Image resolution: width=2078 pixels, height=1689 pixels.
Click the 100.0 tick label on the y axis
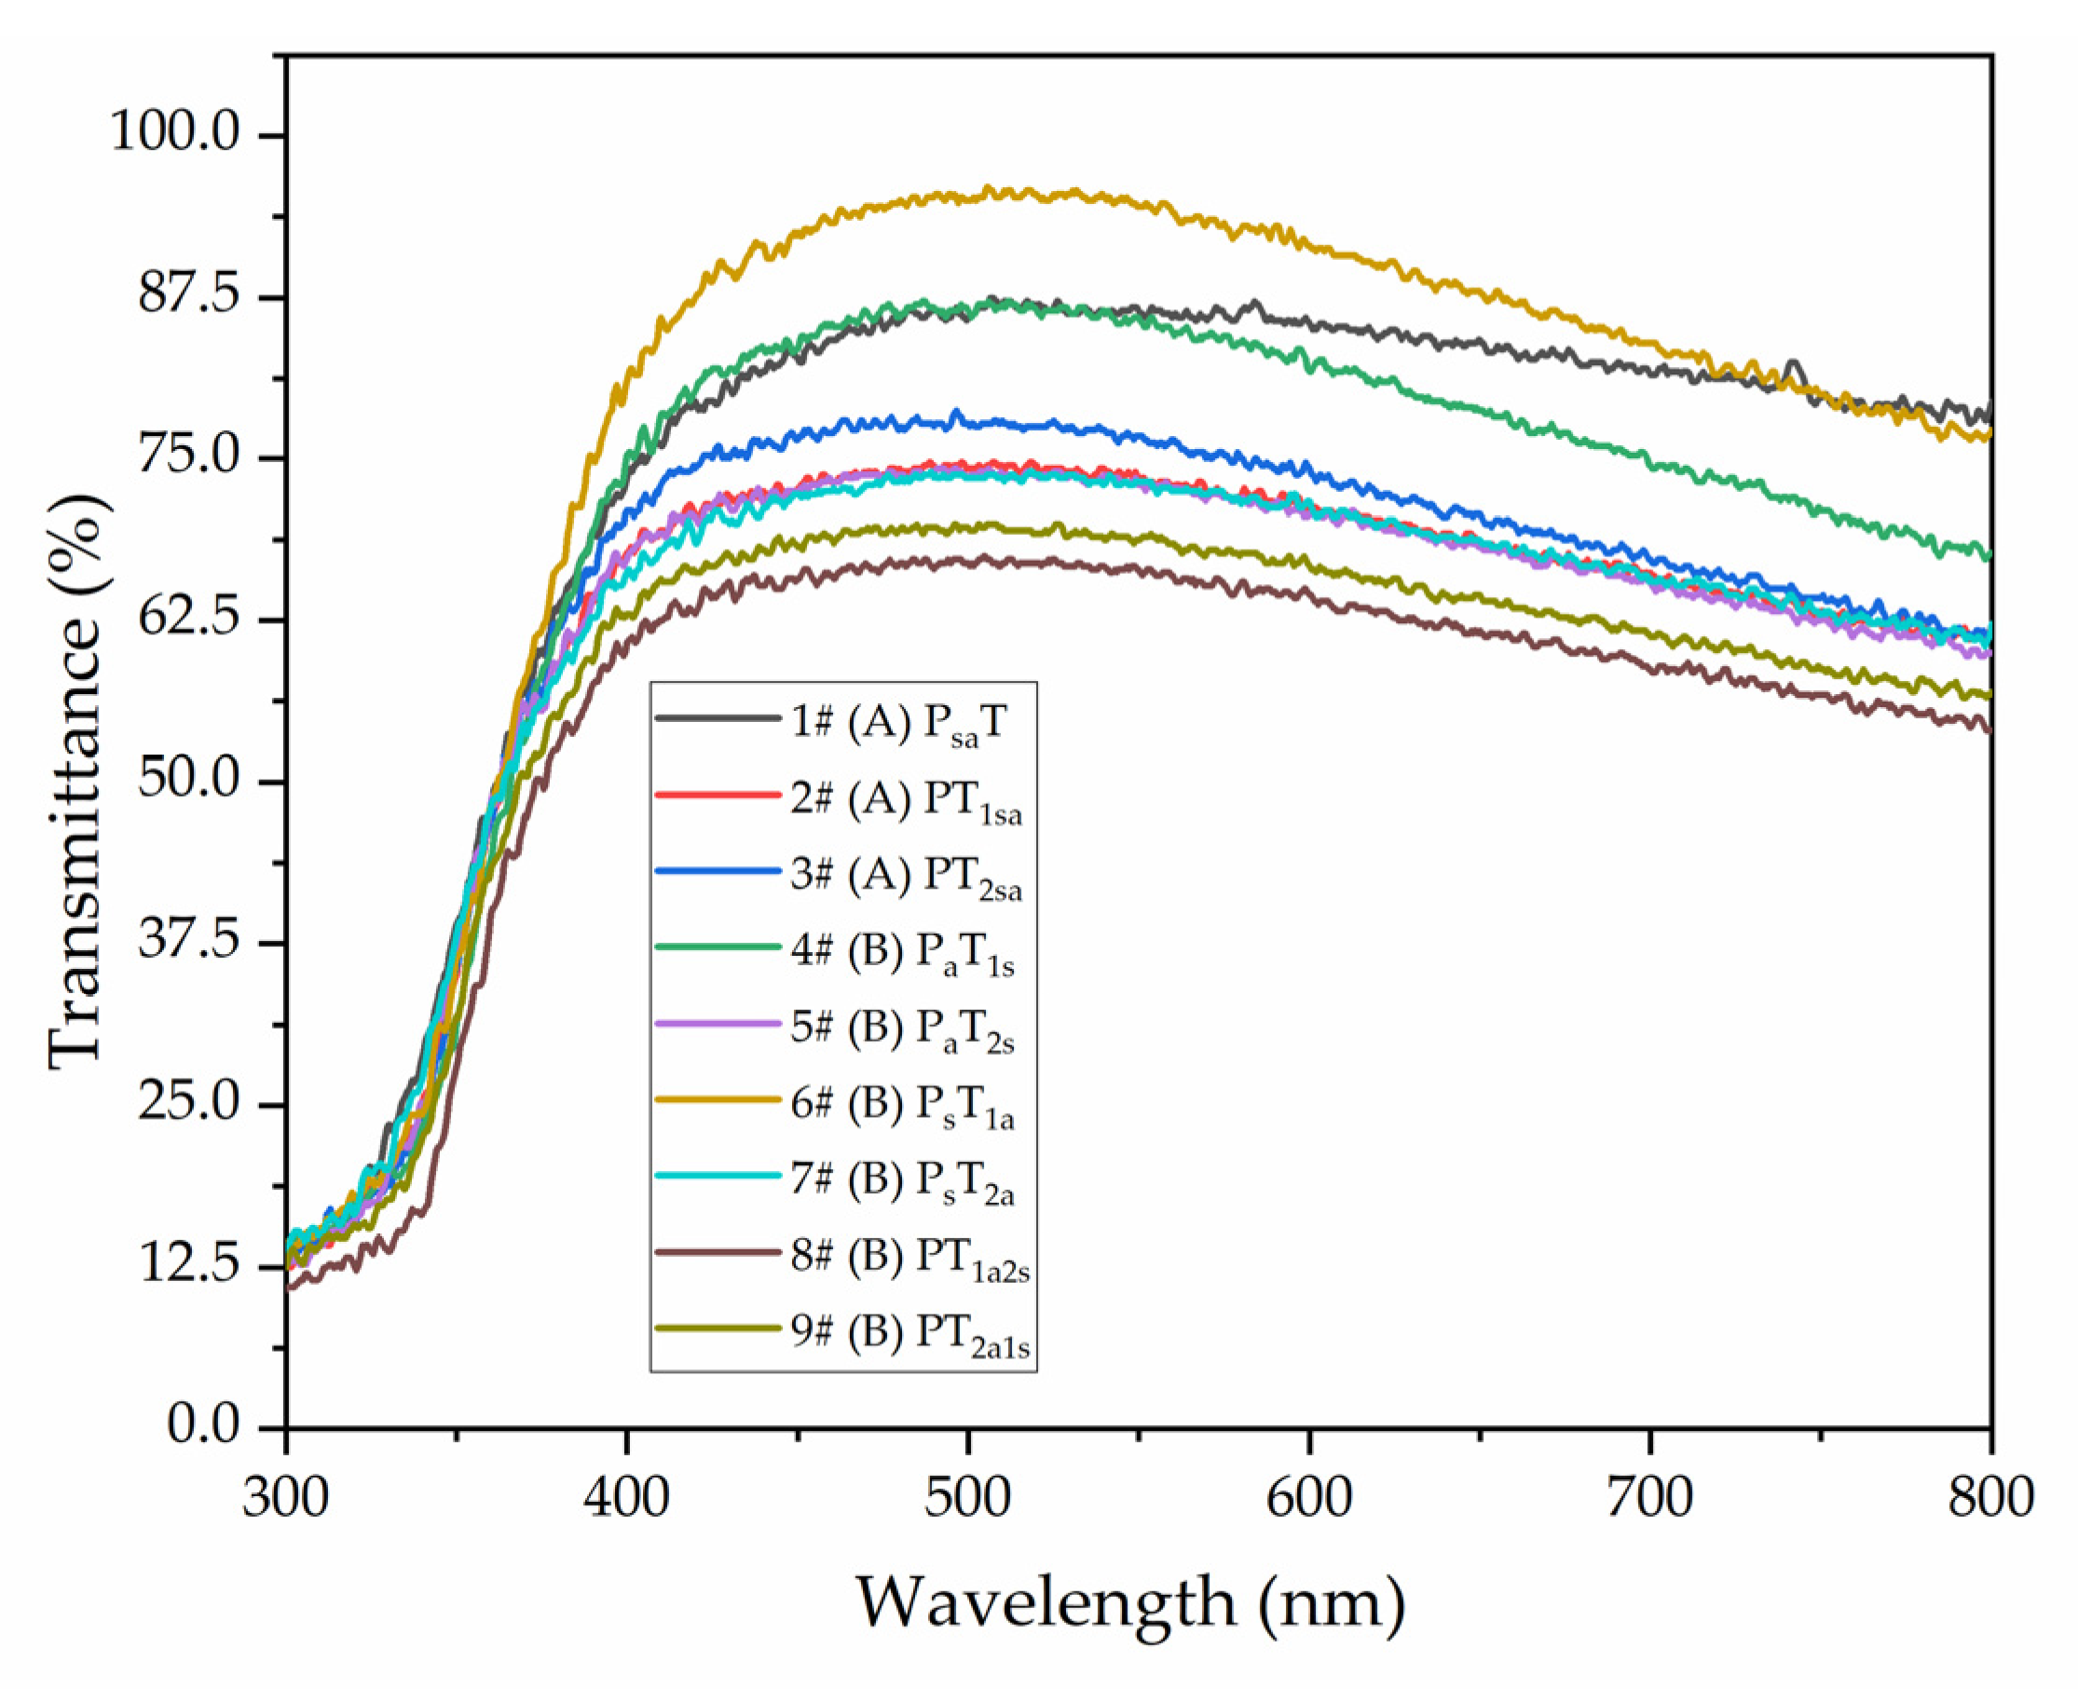tap(174, 130)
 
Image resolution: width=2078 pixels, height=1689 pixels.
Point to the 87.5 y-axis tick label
tap(189, 293)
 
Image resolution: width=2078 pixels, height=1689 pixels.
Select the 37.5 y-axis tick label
tap(189, 940)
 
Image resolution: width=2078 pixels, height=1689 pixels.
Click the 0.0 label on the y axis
tap(203, 1424)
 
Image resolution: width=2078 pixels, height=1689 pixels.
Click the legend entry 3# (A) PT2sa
tap(905, 875)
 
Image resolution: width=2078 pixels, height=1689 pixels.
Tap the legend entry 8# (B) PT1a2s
tap(909, 1256)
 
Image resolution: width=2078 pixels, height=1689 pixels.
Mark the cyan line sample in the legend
tap(718, 1177)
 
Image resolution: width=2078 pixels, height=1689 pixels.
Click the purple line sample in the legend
tap(718, 1024)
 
